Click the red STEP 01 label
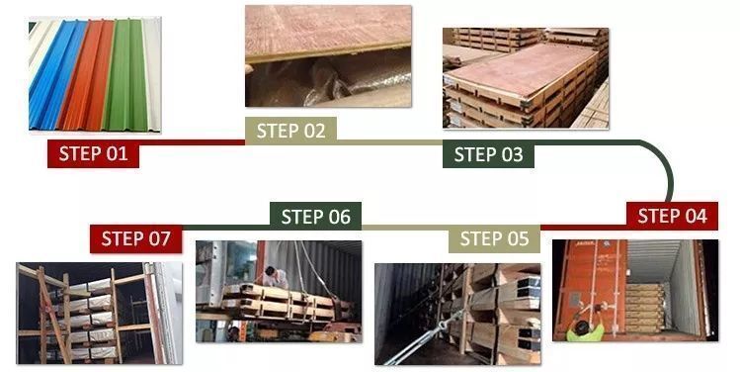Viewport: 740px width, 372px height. pyautogui.click(x=93, y=153)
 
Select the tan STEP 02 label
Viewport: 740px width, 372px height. pyautogui.click(x=290, y=130)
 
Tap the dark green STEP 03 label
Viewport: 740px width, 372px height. pyautogui.click(x=488, y=153)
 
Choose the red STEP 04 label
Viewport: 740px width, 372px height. pyautogui.click(x=672, y=216)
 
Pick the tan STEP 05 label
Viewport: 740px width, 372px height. pyautogui.click(x=494, y=238)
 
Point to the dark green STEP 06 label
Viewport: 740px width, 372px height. pyautogui.click(x=315, y=216)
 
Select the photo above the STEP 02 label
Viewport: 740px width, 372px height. pyautogui.click(x=328, y=55)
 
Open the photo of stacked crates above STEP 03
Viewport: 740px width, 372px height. pyautogui.click(x=525, y=77)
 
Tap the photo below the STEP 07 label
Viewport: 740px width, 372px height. pyautogui.click(x=99, y=312)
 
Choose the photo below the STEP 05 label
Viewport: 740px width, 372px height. pyautogui.click(x=456, y=312)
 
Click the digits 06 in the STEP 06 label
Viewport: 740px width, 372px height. pyautogui.click(x=337, y=216)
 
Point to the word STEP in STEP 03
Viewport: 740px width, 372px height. pyautogui.click(x=474, y=153)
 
